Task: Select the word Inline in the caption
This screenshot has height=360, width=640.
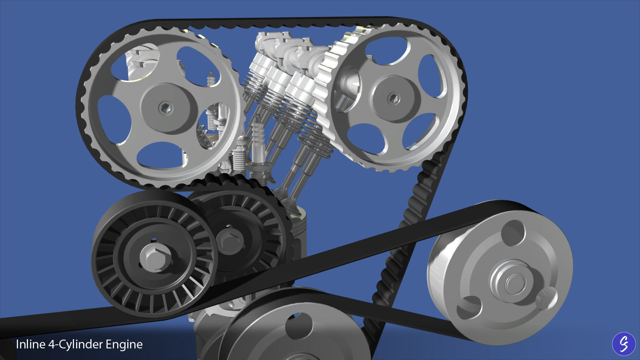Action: pos(30,344)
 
